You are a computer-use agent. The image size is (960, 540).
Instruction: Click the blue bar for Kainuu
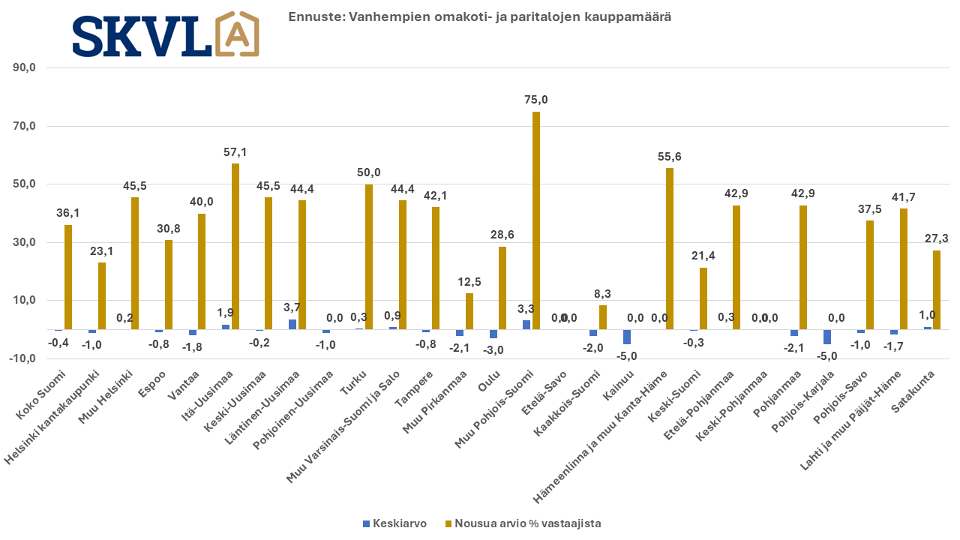[627, 337]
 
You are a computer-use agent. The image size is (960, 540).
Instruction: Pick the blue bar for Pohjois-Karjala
[827, 337]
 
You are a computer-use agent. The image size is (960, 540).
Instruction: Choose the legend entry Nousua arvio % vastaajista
[524, 523]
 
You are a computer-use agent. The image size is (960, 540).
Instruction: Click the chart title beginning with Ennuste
[480, 16]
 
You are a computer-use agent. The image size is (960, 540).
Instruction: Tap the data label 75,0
[535, 100]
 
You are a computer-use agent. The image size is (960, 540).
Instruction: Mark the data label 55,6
[669, 156]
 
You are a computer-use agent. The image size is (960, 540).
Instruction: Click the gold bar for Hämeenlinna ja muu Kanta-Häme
[670, 248]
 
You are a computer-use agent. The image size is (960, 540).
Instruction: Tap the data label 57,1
[235, 151]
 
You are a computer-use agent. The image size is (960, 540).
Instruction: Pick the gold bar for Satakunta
[936, 289]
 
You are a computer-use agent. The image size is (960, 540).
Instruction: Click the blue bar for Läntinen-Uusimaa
[292, 324]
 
